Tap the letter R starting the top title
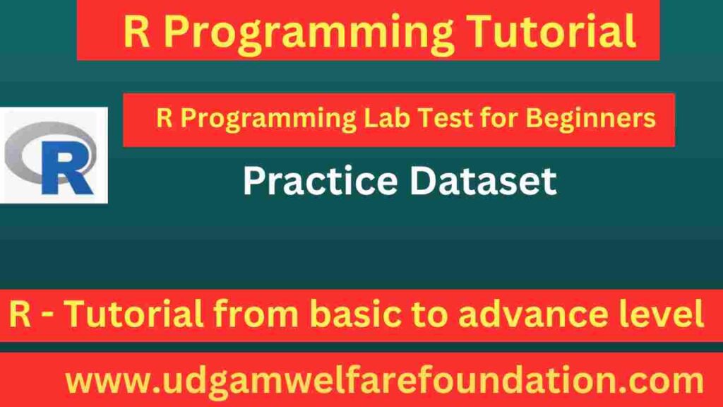(136, 32)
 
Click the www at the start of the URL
(102, 382)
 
